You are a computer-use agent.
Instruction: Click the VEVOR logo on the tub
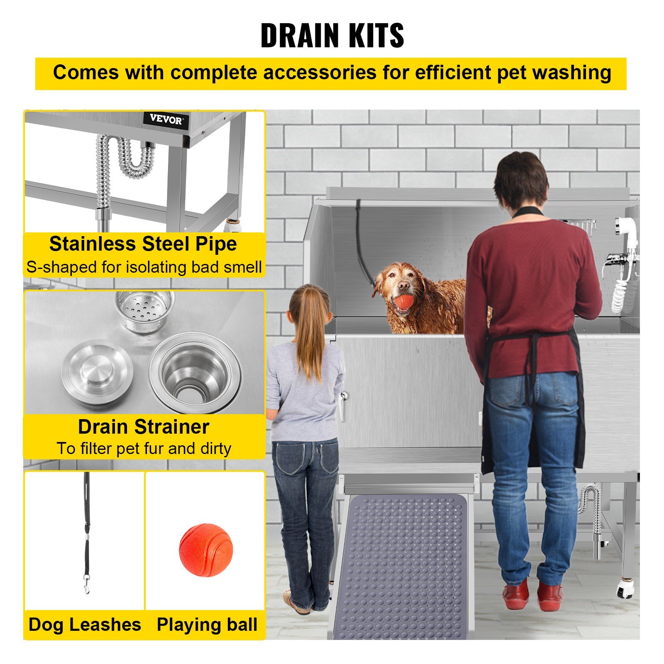coord(166,120)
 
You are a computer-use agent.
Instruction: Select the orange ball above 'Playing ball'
coord(206,549)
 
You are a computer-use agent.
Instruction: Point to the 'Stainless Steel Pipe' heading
coord(143,244)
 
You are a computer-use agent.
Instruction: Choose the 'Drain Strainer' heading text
coord(144,427)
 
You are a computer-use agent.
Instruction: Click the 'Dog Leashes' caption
coord(85,625)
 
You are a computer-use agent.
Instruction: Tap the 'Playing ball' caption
coord(207,625)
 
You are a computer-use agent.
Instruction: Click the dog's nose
coord(403,286)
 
